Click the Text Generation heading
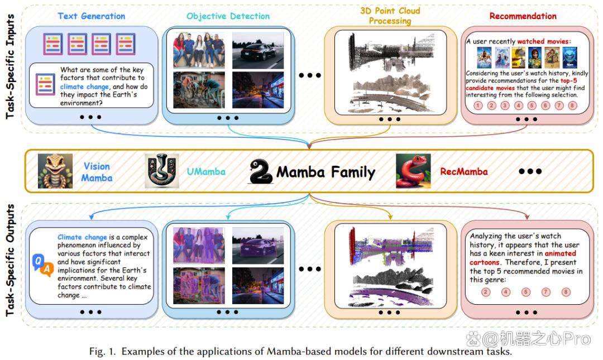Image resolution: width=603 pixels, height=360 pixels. point(92,16)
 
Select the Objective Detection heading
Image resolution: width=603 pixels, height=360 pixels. point(228,16)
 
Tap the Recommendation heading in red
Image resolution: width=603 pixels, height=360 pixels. point(523,16)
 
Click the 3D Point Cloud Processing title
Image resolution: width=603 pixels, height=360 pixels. point(390,16)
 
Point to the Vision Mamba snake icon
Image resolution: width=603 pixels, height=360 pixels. point(55,171)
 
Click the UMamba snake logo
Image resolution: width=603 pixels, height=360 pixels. point(161,171)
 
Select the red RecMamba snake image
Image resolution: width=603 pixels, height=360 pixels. point(413,171)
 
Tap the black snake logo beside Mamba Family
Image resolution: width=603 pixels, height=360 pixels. point(261,171)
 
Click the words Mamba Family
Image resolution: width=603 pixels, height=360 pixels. point(326,172)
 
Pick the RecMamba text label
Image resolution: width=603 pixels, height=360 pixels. point(464,171)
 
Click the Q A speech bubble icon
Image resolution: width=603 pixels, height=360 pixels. point(42,265)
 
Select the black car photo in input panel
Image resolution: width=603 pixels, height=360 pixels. point(257,50)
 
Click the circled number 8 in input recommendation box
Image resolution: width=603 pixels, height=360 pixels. point(573,105)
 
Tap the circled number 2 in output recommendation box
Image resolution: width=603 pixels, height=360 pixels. point(486,292)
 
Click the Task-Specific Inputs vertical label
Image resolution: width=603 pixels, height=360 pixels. point(11,66)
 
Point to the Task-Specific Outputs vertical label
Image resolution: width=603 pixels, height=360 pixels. point(11,260)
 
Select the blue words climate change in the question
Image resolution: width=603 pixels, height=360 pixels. point(85,87)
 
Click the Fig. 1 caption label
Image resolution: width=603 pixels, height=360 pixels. point(102,351)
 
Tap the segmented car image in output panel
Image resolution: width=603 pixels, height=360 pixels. point(257,246)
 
